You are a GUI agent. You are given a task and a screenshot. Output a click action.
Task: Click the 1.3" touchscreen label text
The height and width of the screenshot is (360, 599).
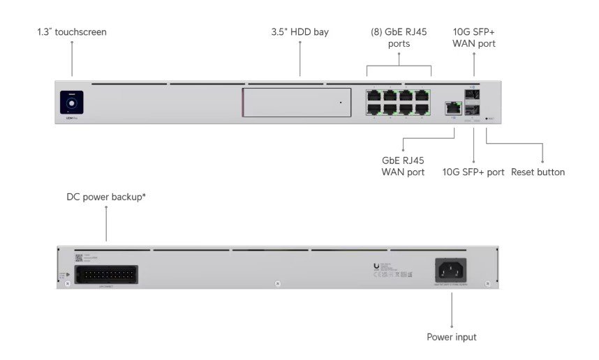tap(72, 32)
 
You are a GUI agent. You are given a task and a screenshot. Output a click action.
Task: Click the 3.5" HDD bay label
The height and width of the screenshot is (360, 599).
tap(299, 32)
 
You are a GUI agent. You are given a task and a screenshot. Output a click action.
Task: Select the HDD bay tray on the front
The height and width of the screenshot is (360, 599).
tap(297, 103)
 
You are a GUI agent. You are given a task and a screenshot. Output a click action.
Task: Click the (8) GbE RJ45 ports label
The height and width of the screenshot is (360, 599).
tap(399, 38)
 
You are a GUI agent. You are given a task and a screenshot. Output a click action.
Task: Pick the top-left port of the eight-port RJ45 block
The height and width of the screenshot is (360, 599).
tap(374, 95)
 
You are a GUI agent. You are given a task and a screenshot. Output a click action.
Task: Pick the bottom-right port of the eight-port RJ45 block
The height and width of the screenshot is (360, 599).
tap(422, 109)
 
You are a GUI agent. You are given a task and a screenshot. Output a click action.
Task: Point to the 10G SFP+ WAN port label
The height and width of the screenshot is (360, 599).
tap(474, 38)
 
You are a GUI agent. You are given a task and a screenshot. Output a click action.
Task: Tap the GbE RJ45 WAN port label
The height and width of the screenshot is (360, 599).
tap(403, 166)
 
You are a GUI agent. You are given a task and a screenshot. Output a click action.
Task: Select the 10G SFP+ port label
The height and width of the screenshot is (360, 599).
tap(473, 172)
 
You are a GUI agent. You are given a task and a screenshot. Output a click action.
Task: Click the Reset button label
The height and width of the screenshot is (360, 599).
tap(538, 172)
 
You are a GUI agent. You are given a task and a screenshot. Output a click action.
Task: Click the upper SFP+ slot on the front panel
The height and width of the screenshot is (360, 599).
tap(474, 95)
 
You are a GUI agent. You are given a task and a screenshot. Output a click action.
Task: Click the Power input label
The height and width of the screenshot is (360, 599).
tap(452, 337)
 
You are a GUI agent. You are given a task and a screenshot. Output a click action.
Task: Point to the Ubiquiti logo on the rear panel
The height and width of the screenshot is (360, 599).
tap(377, 266)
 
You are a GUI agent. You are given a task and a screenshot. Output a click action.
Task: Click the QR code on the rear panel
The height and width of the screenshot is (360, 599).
tap(78, 257)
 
